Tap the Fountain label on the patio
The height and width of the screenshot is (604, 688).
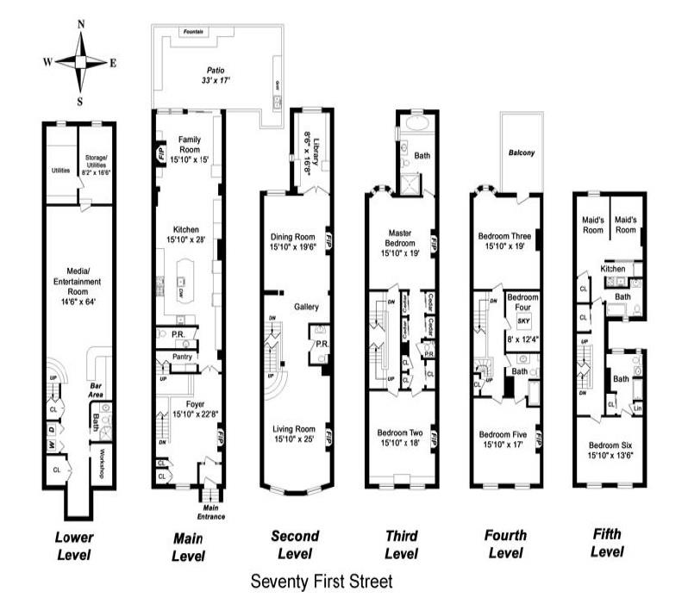[x=193, y=32]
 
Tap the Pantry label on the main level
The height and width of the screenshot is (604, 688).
[x=182, y=356]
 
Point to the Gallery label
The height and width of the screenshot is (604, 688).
[x=306, y=307]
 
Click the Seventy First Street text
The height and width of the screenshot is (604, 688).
[x=321, y=582]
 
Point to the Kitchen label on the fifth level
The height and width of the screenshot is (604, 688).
[x=613, y=269]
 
